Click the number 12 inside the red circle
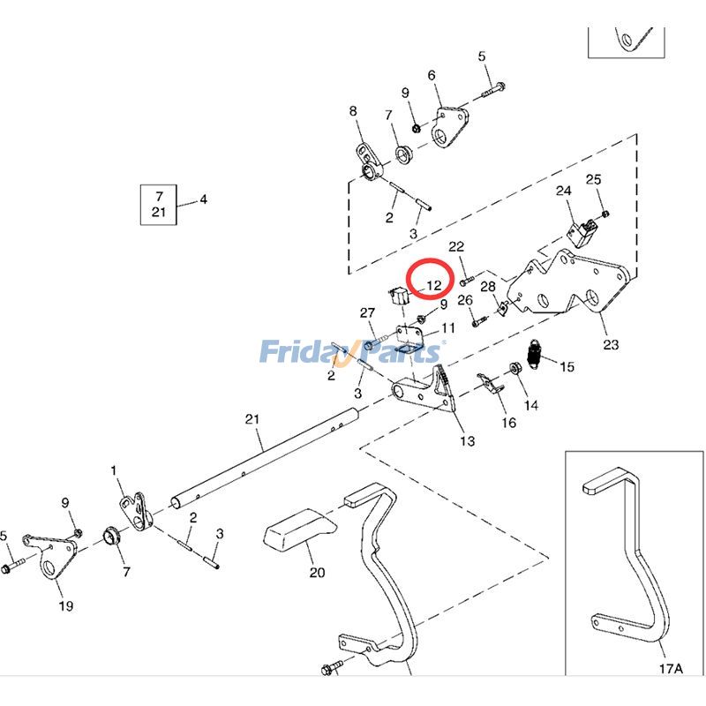coord(433,285)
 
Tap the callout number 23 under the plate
coord(611,344)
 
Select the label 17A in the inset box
coord(671,669)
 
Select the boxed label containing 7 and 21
coord(159,204)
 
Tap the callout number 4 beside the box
coord(203,199)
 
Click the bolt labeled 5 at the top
coord(492,87)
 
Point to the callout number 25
coord(593,180)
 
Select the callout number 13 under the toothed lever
coord(467,440)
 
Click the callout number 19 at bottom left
coord(65,605)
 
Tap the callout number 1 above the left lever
coord(113,470)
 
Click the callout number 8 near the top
coord(353,111)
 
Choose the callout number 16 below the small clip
coord(509,423)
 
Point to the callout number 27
coord(367,313)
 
